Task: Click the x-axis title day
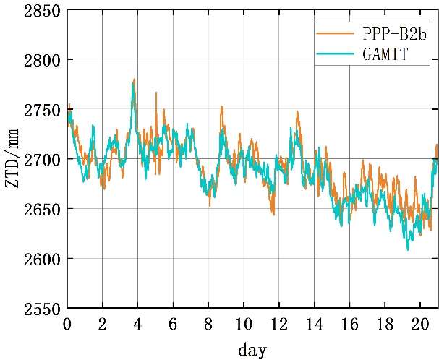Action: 252,350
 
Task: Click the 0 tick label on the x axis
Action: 67,323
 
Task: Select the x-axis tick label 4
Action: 137,323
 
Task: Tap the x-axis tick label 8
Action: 208,323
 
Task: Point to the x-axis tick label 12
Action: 279,323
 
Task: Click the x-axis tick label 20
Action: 420,323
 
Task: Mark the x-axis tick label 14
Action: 315,323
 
